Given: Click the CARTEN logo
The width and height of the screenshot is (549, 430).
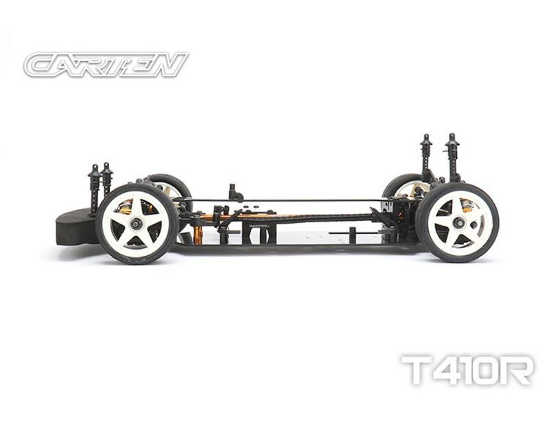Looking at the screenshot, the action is click(106, 64).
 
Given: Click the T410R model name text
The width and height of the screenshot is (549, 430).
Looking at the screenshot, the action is click(467, 370).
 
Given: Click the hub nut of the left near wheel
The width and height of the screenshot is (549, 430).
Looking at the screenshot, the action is click(136, 223).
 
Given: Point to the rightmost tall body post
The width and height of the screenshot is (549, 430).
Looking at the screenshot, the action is click(451, 158).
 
